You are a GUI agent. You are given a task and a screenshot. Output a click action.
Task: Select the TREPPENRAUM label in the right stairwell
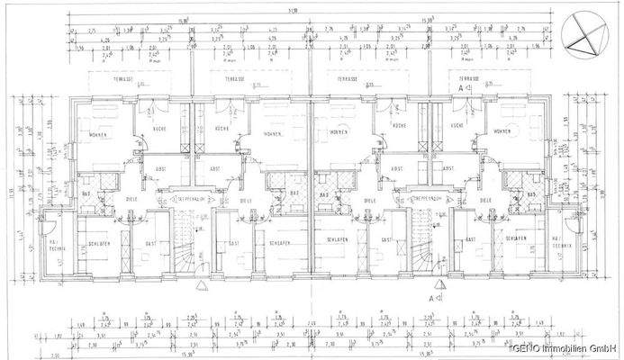tap(424, 196)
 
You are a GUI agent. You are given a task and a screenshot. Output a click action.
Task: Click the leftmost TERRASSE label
tap(122, 79)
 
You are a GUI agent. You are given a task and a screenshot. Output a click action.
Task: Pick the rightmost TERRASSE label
tap(468, 79)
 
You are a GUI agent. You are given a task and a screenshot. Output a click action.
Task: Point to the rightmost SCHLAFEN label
tap(516, 238)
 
